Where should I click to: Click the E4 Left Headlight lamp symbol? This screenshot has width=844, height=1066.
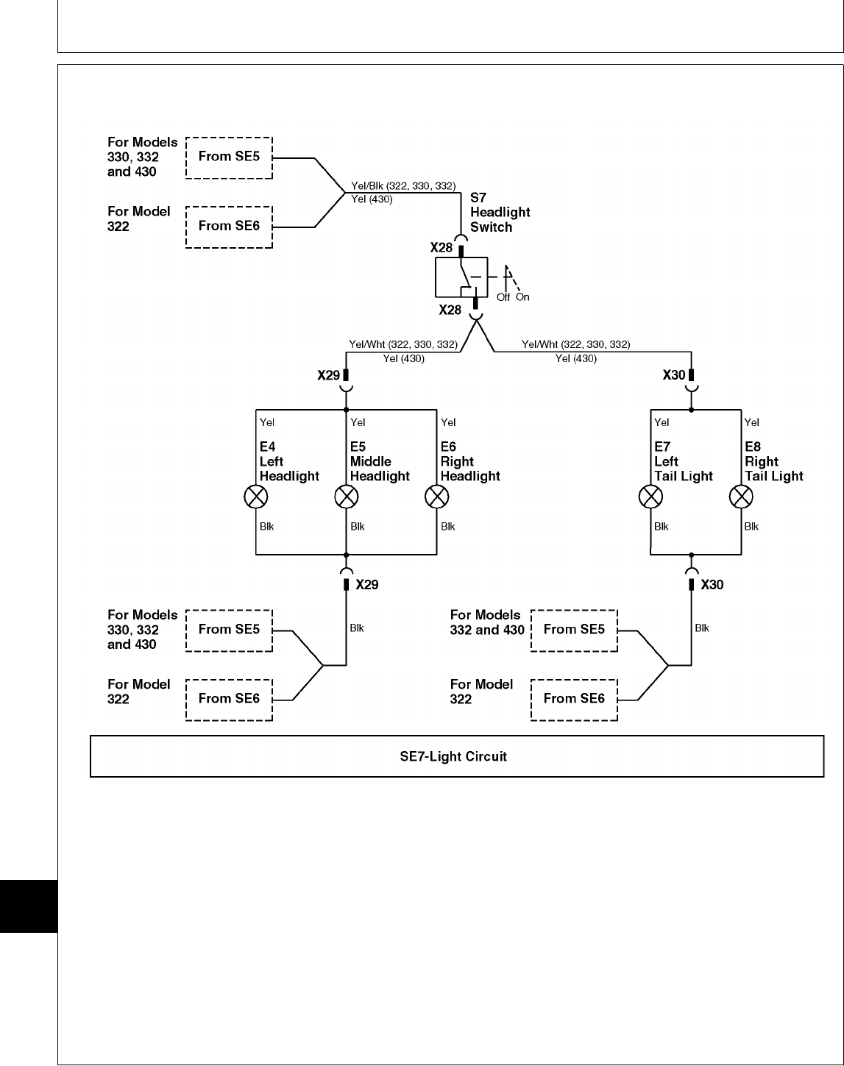255,497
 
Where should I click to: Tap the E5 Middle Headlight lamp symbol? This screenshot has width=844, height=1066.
346,497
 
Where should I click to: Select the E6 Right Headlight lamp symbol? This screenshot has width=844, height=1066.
437,497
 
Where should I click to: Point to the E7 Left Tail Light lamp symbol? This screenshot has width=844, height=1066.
650,497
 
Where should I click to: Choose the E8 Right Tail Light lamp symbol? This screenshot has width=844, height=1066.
741,497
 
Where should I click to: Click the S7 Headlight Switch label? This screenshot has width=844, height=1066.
500,212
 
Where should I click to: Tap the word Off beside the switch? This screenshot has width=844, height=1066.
503,297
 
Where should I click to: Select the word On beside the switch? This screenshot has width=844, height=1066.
522,297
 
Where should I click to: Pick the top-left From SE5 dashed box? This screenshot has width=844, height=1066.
229,157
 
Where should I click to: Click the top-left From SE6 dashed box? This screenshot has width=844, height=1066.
229,227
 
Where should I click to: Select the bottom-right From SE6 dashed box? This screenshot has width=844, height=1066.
574,699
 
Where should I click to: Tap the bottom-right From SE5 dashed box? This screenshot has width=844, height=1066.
574,630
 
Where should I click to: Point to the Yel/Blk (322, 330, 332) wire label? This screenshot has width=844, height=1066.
404,186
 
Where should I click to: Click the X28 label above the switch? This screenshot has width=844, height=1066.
441,248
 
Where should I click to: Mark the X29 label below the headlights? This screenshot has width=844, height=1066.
367,585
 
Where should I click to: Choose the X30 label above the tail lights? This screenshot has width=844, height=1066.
674,375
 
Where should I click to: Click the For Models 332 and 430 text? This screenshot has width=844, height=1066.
487,622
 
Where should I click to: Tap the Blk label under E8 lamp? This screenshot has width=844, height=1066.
751,527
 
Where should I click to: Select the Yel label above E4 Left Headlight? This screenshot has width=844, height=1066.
267,422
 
